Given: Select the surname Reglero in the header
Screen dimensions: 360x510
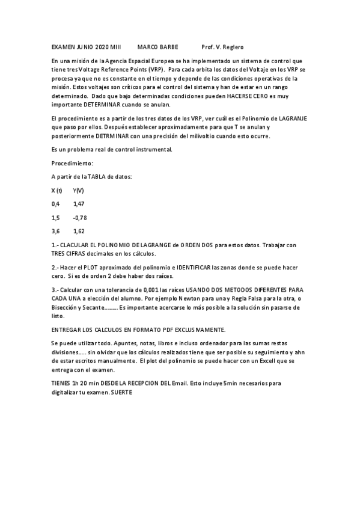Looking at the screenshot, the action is coord(232,47).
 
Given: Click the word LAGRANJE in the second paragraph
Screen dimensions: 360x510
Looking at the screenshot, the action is coord(290,119).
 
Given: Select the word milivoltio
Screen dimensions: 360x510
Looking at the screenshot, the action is coord(197,136).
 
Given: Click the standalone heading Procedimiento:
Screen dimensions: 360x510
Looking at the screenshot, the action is coord(72,162).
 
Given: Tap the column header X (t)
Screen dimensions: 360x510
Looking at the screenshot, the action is coord(57,190).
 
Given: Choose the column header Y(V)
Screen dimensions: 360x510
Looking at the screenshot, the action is coord(78,190).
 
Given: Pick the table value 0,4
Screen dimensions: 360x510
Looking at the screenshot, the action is coord(56,204).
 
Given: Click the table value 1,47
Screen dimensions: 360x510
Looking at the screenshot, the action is coord(79,204).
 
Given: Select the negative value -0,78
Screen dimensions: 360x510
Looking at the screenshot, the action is coord(79,217).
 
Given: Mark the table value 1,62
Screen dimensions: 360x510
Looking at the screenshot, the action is coord(79,231).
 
